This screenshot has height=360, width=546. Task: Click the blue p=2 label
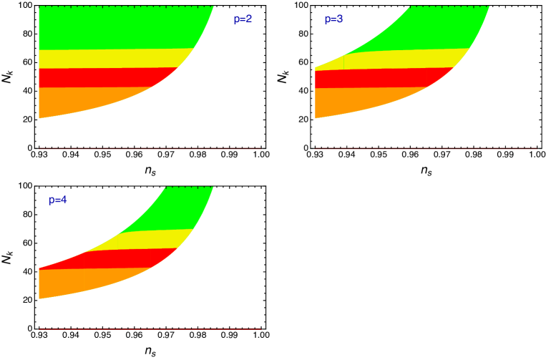point(243,19)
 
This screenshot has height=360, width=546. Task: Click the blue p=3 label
point(333,19)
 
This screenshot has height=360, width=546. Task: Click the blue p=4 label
point(58,200)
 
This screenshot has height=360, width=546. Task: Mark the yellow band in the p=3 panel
point(401,59)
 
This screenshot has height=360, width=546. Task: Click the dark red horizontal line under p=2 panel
point(150,149)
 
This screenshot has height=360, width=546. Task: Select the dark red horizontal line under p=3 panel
point(426,149)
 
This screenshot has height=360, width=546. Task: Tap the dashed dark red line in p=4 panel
point(150,329)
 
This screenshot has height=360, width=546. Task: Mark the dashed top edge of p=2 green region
point(125,6)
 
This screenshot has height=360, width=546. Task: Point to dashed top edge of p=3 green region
point(449,6)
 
